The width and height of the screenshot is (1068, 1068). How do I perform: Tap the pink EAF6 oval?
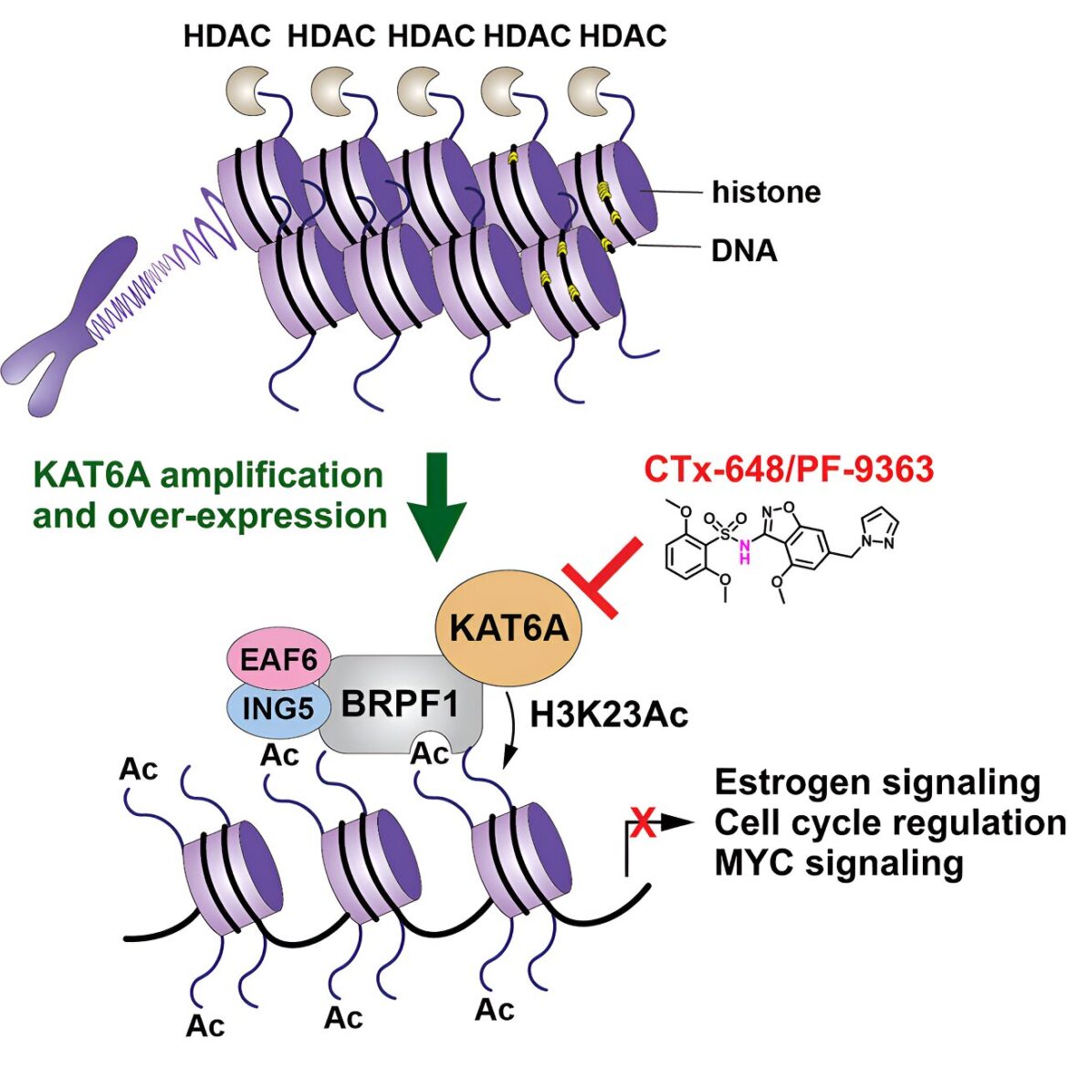(278, 659)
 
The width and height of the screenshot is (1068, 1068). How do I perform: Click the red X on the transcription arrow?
(643, 822)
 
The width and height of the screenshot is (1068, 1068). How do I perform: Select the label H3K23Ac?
(609, 715)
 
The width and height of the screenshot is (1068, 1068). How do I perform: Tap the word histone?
(766, 192)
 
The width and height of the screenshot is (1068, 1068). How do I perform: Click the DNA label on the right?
(744, 251)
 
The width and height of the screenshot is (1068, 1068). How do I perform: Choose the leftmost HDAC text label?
(226, 37)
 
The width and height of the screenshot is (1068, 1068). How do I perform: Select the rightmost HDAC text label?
(623, 37)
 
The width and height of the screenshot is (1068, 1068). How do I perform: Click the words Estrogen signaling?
(877, 782)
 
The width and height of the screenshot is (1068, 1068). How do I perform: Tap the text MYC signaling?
(839, 864)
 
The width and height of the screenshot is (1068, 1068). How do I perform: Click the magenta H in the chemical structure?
(745, 558)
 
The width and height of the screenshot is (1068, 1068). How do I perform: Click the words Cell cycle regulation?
(890, 822)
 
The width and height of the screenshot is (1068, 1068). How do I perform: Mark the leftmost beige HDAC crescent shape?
(246, 90)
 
